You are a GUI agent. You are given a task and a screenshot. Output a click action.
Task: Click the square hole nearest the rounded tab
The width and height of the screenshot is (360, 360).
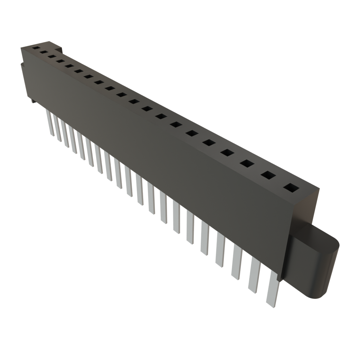[290, 188]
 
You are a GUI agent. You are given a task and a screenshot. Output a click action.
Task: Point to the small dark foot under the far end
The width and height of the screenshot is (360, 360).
[32, 102]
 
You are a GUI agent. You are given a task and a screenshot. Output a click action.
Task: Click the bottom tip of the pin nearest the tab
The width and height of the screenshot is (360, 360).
[271, 305]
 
